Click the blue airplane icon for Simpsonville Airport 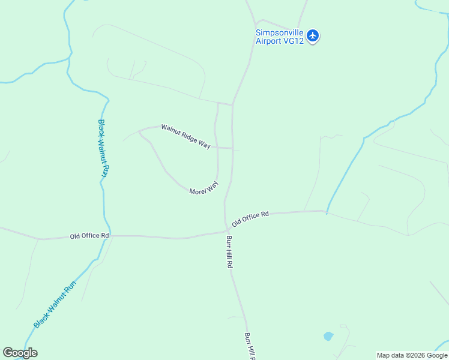point(312,36)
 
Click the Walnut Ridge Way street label point(185,136)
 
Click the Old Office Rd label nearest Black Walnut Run point(89,236)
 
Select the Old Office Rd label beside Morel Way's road point(250,218)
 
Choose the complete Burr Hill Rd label point(229,251)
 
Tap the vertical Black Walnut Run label point(103,148)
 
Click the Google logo point(20,353)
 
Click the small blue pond point(328,336)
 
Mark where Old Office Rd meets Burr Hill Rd point(228,230)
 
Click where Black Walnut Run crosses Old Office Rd point(106,236)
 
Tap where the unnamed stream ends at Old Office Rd point(327,212)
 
